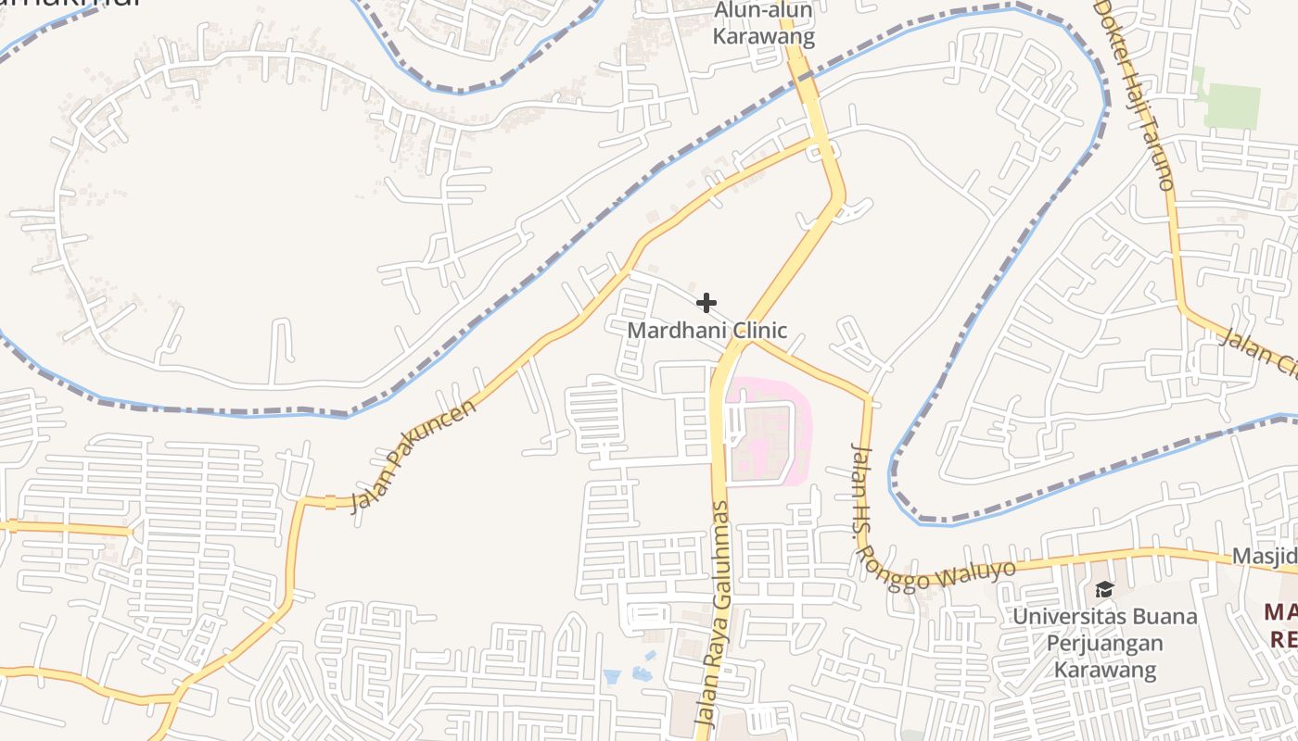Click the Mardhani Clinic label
click(x=706, y=330)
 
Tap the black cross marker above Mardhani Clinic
click(x=706, y=303)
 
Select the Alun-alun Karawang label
click(x=764, y=24)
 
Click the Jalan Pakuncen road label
click(x=414, y=457)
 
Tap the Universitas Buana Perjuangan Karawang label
click(x=1104, y=643)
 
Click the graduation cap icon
click(x=1104, y=590)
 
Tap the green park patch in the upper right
click(x=1231, y=105)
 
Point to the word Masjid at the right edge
click(x=1265, y=557)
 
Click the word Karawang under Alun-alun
click(x=764, y=38)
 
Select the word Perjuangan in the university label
click(x=1104, y=643)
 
